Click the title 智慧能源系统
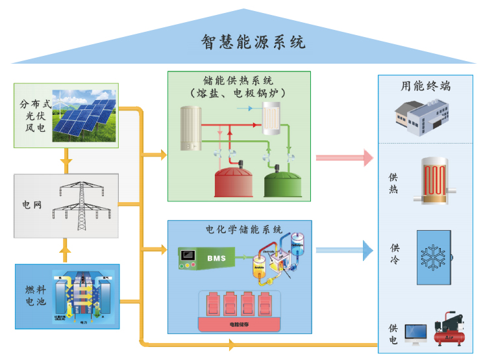(x=253, y=43)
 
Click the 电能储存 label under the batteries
(x=239, y=322)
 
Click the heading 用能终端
(x=426, y=86)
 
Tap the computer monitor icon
(x=415, y=333)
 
